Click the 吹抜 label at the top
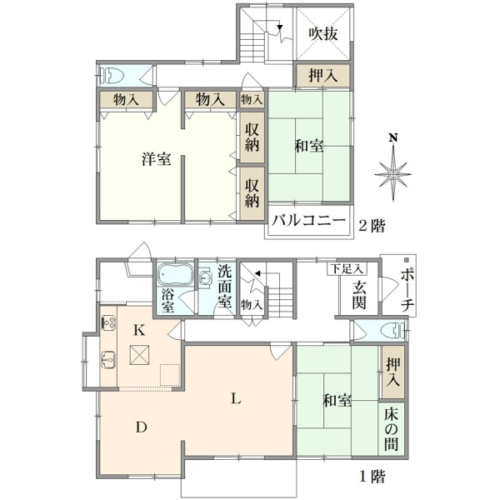[x=322, y=34]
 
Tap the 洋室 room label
[x=157, y=159]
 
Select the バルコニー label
[x=308, y=220]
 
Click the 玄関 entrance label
[x=359, y=295]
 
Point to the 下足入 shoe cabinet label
[x=347, y=269]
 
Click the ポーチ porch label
[x=407, y=289]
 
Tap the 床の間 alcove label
[x=392, y=429]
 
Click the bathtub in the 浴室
[x=176, y=274]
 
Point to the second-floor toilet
[x=112, y=76]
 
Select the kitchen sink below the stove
[x=108, y=360]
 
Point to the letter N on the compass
[x=393, y=137]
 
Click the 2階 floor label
[x=372, y=226]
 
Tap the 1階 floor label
[x=372, y=477]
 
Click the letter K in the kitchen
[x=139, y=330]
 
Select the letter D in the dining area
[x=142, y=427]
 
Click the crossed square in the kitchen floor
[x=139, y=355]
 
